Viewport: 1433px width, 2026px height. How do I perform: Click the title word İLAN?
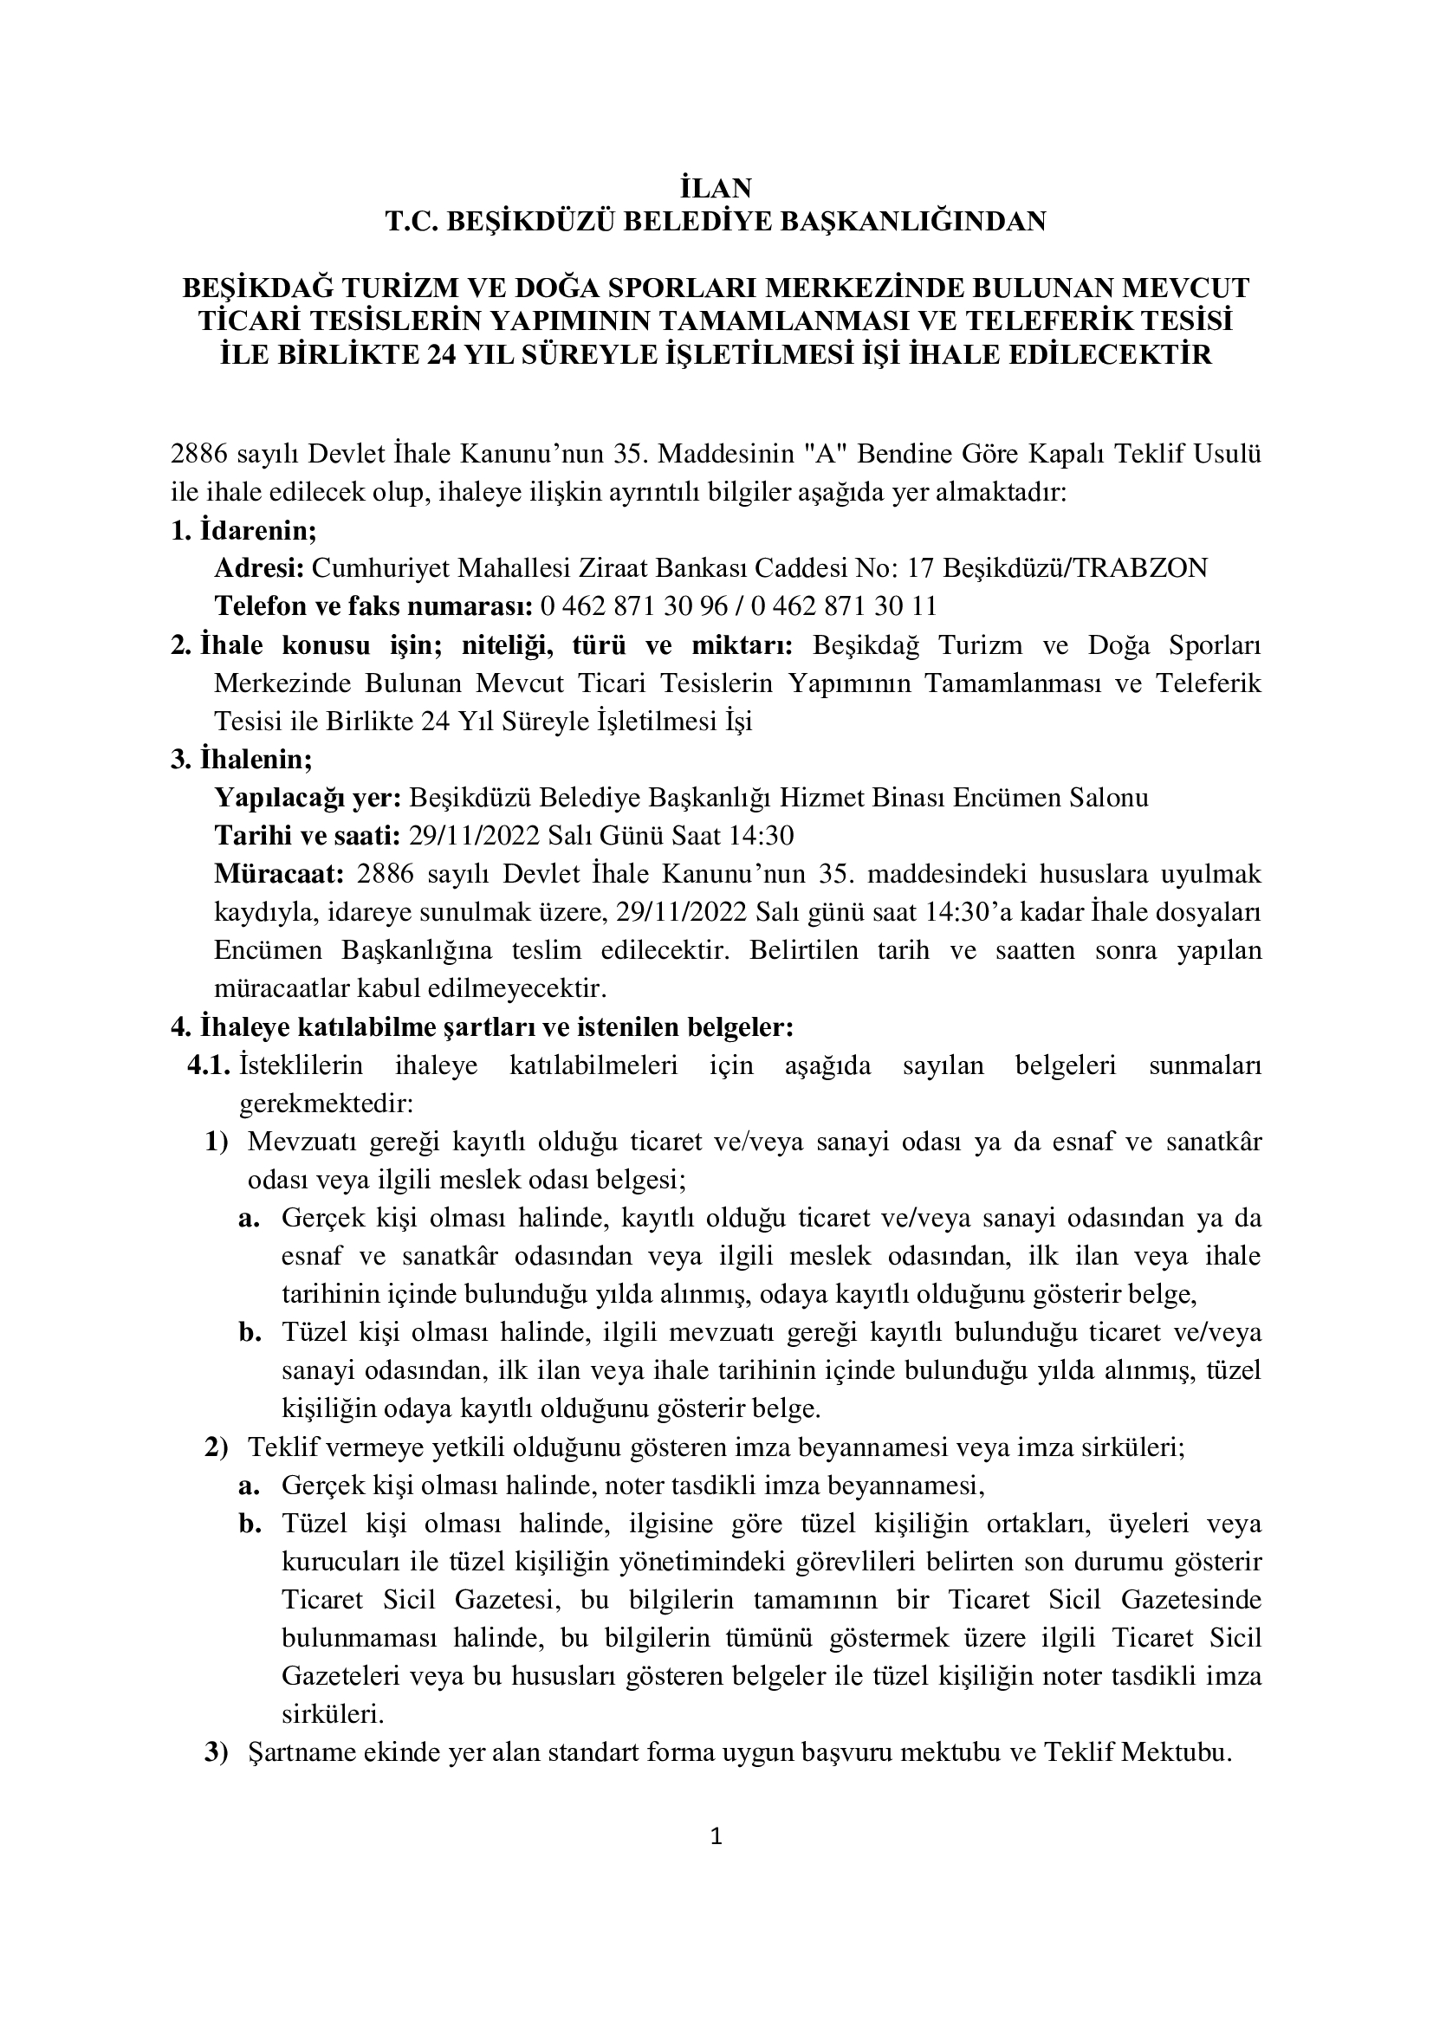coord(716,188)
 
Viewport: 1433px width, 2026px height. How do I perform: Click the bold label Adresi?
coord(259,568)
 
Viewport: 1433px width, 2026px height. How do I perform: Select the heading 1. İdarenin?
coord(243,530)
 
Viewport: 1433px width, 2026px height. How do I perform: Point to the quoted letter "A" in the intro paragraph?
coord(815,456)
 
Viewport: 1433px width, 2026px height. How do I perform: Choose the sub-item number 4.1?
coord(208,1066)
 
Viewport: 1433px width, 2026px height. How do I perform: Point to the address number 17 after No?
coord(920,568)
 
